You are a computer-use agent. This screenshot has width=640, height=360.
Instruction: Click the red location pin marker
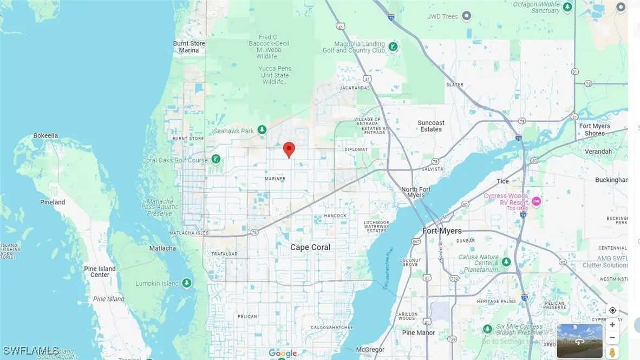pyautogui.click(x=289, y=149)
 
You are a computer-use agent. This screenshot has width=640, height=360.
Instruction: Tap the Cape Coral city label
pyautogui.click(x=310, y=247)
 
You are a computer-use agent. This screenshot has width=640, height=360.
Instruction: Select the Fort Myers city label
pyautogui.click(x=442, y=231)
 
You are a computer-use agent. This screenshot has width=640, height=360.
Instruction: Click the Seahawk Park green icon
pyautogui.click(x=262, y=130)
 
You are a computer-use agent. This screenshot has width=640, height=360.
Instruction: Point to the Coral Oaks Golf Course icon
pyautogui.click(x=216, y=159)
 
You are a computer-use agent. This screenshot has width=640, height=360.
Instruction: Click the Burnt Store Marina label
pyautogui.click(x=189, y=47)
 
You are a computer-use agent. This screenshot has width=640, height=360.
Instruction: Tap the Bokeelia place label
pyautogui.click(x=45, y=136)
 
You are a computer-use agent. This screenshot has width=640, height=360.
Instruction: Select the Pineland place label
pyautogui.click(x=53, y=202)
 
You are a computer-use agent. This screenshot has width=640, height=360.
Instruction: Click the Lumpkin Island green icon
pyautogui.click(x=187, y=283)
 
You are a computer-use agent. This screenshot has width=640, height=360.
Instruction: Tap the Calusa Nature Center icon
pyautogui.click(x=506, y=262)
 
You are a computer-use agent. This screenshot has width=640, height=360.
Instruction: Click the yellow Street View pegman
pyautogui.click(x=612, y=352)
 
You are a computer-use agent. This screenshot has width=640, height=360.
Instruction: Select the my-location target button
pyautogui.click(x=612, y=310)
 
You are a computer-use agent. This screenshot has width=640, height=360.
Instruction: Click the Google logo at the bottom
pyautogui.click(x=283, y=354)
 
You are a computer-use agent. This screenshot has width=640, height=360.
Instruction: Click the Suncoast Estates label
pyautogui.click(x=430, y=126)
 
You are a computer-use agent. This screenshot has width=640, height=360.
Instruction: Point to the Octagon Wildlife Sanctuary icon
pyautogui.click(x=567, y=7)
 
